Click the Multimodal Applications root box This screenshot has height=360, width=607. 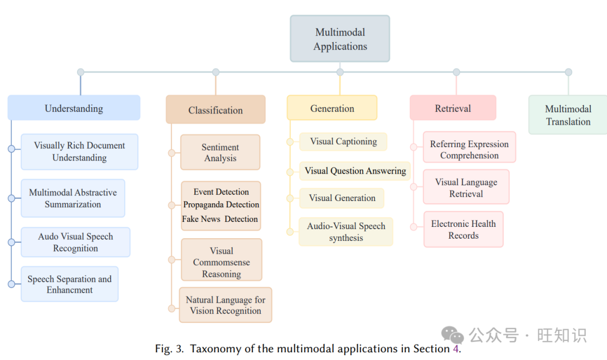[340, 39]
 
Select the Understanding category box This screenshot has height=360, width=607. [74, 107]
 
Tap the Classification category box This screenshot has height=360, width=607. [216, 110]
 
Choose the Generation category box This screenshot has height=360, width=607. [332, 107]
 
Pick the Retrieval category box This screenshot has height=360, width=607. [453, 107]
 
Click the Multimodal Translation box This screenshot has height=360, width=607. [568, 115]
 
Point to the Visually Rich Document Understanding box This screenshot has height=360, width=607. [79, 152]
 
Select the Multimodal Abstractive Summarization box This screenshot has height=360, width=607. [73, 198]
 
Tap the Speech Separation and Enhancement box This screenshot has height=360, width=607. [70, 284]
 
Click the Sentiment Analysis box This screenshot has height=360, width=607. [220, 152]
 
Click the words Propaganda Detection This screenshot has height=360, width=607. [221, 204]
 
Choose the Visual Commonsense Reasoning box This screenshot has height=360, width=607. [221, 260]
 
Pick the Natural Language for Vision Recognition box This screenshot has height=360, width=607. [225, 305]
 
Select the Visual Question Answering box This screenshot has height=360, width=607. [355, 171]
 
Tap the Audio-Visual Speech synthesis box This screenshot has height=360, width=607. [346, 231]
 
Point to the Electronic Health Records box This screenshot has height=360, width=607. [463, 229]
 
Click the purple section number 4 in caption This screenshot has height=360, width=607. [456, 349]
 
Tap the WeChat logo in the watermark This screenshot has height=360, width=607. [452, 335]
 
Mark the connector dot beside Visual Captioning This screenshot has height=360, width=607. [290, 142]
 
